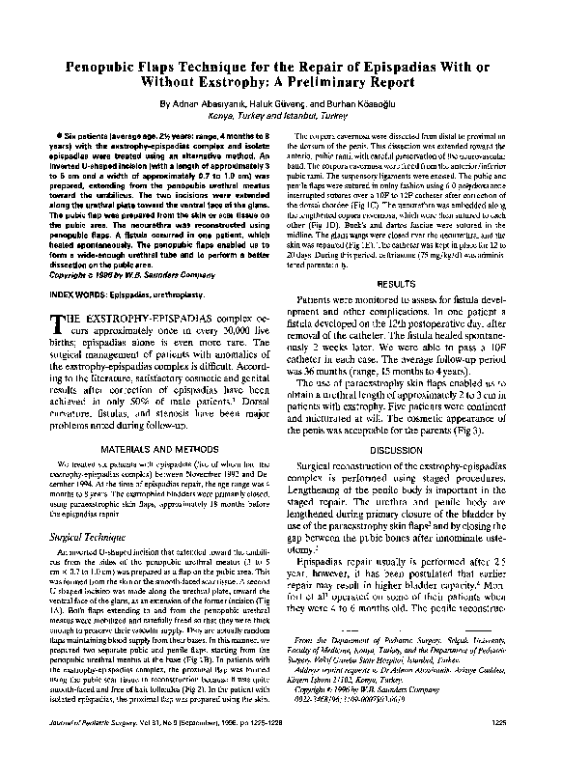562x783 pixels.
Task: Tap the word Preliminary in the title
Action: [340, 82]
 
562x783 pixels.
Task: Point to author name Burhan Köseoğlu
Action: [364, 102]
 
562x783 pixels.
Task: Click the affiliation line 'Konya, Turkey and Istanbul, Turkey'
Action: [281, 114]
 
